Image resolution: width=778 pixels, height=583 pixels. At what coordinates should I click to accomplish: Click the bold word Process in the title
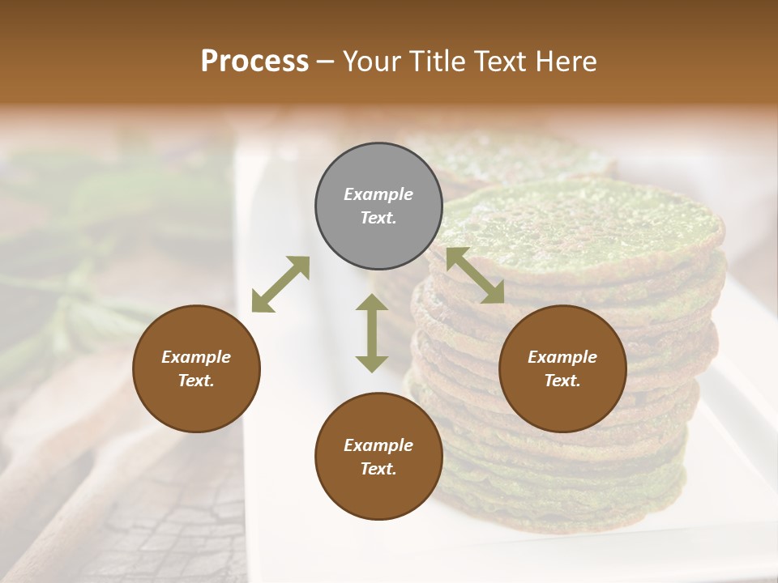click(x=254, y=62)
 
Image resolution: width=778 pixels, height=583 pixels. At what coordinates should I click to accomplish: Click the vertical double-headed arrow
click(x=372, y=333)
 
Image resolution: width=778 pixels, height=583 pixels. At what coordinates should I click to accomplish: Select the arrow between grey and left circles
click(x=280, y=284)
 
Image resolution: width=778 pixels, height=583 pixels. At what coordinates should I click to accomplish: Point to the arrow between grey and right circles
click(x=475, y=275)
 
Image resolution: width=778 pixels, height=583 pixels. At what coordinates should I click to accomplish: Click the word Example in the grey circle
click(x=378, y=194)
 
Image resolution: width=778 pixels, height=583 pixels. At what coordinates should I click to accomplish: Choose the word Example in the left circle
click(x=196, y=357)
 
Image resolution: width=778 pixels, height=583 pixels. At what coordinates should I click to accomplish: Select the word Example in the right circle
click(x=562, y=357)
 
